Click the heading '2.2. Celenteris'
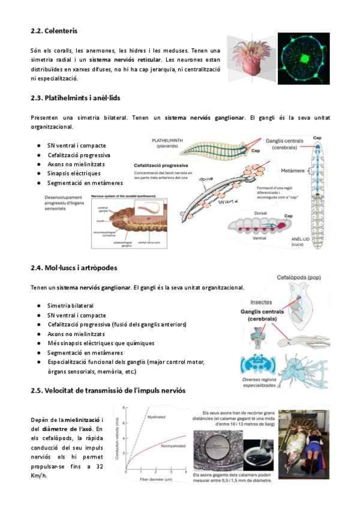pyautogui.click(x=54, y=30)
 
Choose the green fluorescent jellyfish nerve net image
pyautogui.click(x=304, y=58)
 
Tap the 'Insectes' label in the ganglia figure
pyautogui.click(x=261, y=303)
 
